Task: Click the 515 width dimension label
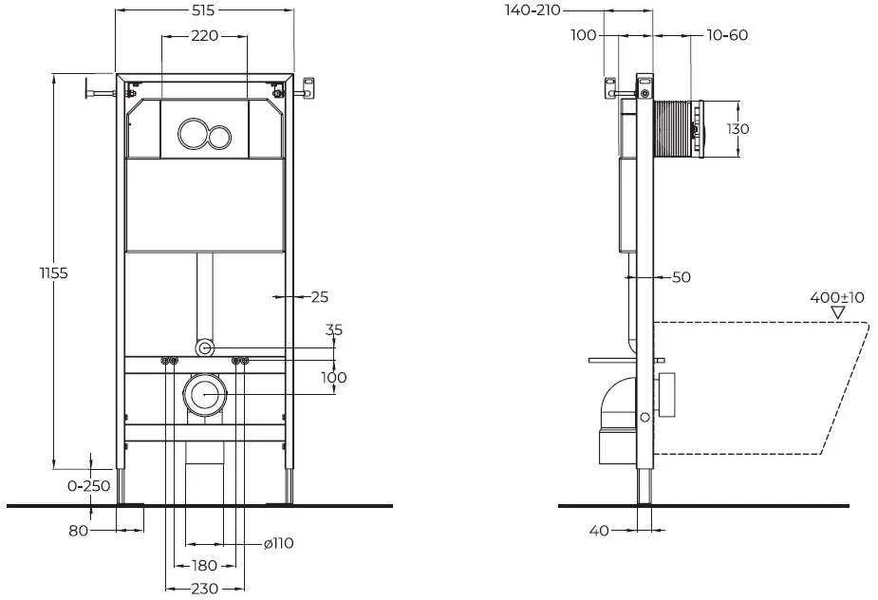(204, 10)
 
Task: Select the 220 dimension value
(204, 36)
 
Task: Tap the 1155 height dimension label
(53, 272)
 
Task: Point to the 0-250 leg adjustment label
(89, 486)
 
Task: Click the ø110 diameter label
(278, 543)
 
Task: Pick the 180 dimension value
(204, 565)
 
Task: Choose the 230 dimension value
(204, 589)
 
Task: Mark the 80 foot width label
(79, 530)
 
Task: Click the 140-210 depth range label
(532, 10)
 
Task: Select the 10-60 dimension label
(727, 35)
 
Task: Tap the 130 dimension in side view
(738, 129)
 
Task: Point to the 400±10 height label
(837, 297)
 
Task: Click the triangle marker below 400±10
(838, 312)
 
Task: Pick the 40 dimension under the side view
(599, 530)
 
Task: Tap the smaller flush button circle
(219, 136)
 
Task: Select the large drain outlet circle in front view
(204, 394)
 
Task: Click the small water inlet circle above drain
(204, 348)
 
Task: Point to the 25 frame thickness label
(319, 297)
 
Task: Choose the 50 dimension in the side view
(681, 277)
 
